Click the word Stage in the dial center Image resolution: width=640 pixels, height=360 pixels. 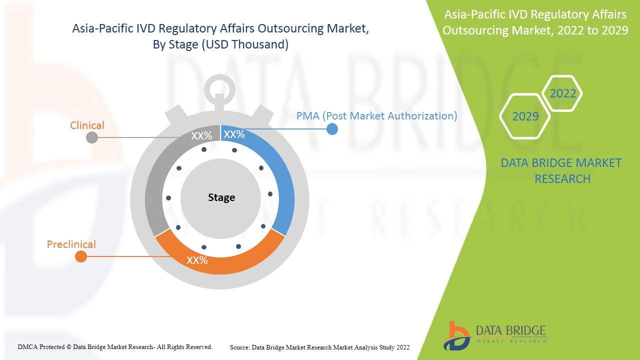click(x=221, y=197)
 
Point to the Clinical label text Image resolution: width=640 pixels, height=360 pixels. click(x=87, y=125)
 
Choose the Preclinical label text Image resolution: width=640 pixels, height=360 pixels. click(x=71, y=244)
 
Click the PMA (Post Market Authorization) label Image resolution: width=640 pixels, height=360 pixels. click(x=376, y=116)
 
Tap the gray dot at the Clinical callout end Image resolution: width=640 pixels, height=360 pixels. click(x=92, y=137)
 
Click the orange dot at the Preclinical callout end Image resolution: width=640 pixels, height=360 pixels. click(x=81, y=256)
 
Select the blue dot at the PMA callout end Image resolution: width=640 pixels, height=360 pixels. click(x=332, y=129)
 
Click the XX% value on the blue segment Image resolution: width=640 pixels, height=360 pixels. click(x=234, y=134)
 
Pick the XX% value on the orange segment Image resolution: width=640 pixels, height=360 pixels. click(x=197, y=260)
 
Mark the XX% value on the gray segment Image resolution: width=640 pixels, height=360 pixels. click(x=201, y=136)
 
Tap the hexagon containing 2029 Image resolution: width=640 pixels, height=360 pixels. click(x=525, y=116)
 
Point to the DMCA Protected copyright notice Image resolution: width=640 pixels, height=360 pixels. click(x=115, y=347)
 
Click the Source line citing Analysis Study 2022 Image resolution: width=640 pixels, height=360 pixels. click(x=319, y=347)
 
